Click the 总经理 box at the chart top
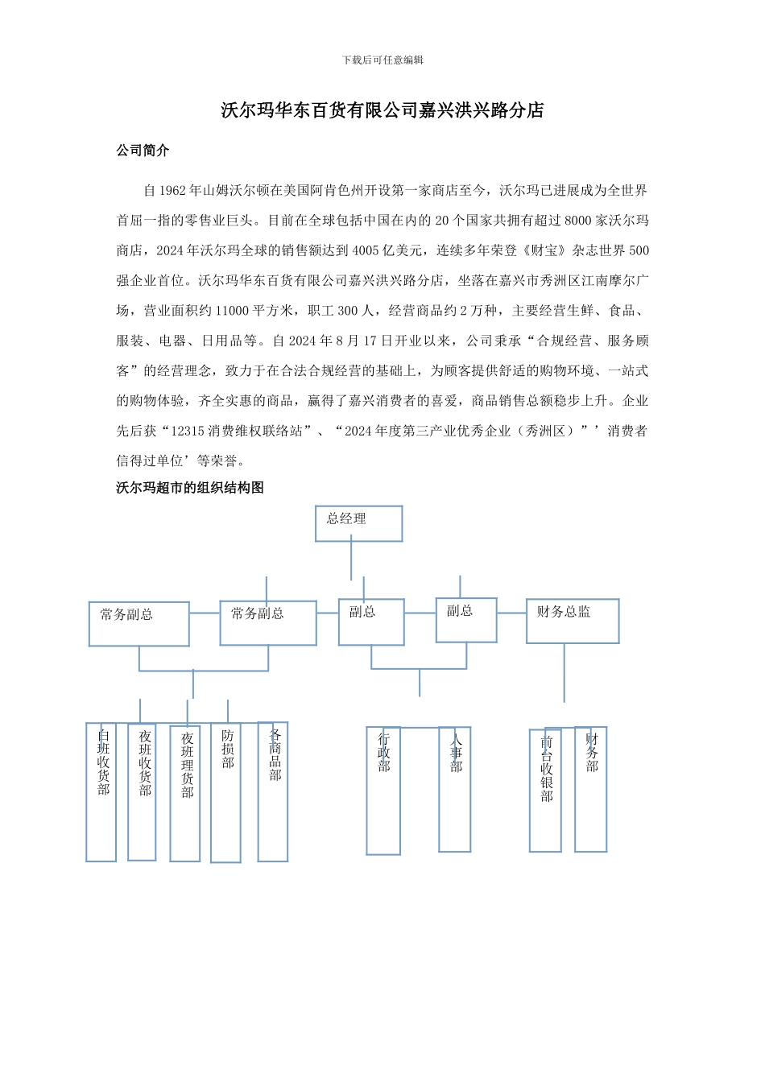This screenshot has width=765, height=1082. tap(358, 523)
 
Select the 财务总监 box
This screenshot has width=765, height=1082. tap(573, 621)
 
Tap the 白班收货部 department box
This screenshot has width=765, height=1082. tap(101, 792)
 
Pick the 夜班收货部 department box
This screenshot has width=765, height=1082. tap(142, 792)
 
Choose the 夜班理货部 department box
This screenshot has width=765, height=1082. tap(185, 794)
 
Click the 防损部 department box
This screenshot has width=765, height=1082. tap(226, 794)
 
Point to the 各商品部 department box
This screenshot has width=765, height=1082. tap(273, 792)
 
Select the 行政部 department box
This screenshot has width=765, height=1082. tap(383, 791)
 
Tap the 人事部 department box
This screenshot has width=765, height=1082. tap(455, 789)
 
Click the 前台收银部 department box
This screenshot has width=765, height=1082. tap(545, 791)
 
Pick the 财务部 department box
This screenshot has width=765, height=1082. tap(591, 789)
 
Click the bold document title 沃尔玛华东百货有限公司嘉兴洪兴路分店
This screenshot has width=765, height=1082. tap(382, 110)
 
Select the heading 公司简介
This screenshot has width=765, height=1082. tap(143, 151)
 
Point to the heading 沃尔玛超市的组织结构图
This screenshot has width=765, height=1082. tap(190, 487)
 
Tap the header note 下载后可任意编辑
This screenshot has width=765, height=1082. tap(382, 60)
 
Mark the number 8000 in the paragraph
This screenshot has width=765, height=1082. tap(578, 221)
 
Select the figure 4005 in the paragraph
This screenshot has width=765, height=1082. tap(366, 250)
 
